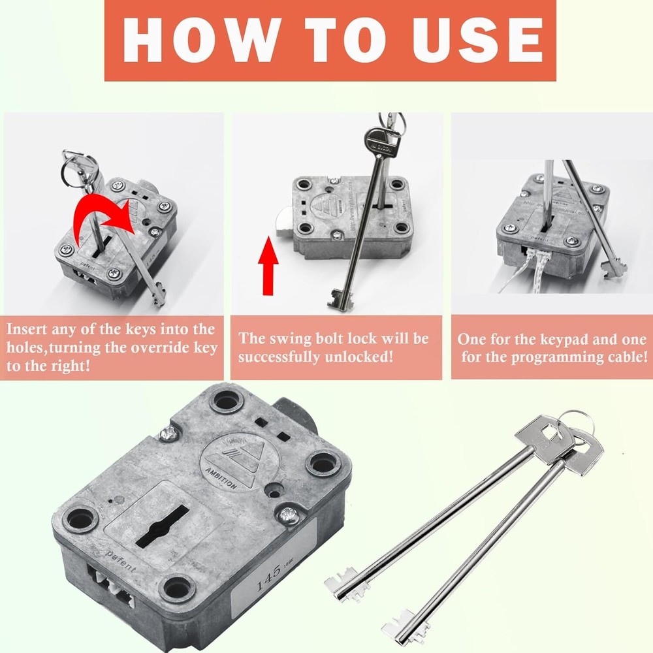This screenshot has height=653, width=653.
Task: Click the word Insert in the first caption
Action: pyautogui.click(x=31, y=329)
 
